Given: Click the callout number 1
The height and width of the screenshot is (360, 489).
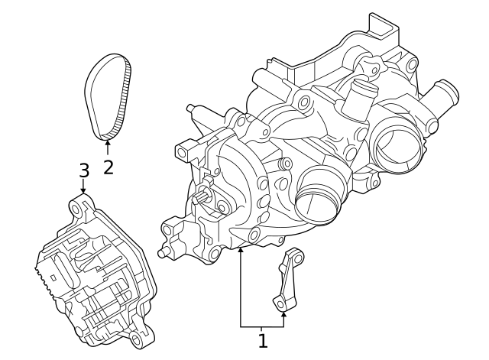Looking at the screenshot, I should [263, 341].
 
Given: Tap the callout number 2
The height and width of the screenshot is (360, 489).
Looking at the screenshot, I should [108, 166].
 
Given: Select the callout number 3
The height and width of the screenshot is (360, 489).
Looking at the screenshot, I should [84, 170].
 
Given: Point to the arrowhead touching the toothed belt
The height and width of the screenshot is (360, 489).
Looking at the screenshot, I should [108, 141].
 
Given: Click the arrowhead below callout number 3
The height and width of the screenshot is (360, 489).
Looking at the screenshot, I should [83, 191].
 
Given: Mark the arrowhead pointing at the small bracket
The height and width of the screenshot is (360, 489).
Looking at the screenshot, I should [284, 311].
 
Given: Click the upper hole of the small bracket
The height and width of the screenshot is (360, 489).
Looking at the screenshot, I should [295, 257].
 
